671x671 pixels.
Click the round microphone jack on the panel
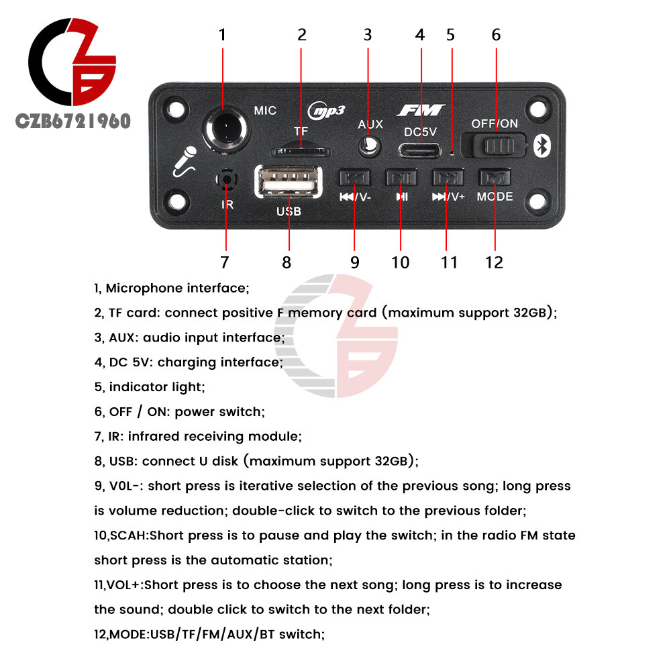[x=223, y=128]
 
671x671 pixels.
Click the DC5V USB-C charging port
[x=421, y=149]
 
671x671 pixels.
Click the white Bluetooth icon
[x=541, y=146]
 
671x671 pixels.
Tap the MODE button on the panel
[x=495, y=177]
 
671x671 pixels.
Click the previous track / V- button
[x=354, y=177]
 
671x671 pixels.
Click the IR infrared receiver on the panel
[x=227, y=179]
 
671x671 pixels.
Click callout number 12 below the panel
[x=494, y=262]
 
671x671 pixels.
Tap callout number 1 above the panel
[x=223, y=34]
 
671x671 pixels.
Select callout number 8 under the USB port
[x=287, y=262]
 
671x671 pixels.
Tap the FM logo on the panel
[x=421, y=110]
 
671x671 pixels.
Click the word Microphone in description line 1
[x=144, y=289]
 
